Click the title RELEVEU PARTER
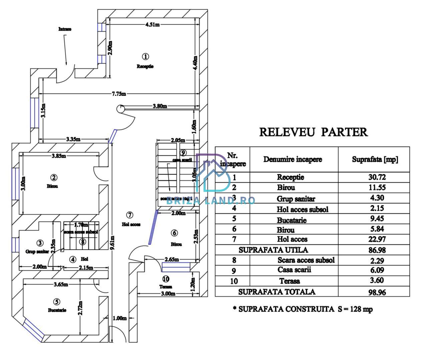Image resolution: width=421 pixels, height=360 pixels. (313, 132)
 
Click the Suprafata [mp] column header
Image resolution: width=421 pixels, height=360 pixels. (375, 159)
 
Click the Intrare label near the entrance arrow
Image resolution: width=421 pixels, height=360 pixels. (65, 29)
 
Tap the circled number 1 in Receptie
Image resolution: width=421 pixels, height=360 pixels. (145, 56)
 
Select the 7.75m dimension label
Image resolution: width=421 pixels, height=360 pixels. (119, 94)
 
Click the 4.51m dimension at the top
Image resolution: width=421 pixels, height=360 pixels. (152, 24)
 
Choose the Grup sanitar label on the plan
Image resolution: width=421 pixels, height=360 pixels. (37, 252)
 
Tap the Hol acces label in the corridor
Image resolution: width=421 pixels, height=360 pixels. (131, 224)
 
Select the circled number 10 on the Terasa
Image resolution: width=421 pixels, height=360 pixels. (165, 279)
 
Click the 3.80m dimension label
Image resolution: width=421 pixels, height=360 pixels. (160, 106)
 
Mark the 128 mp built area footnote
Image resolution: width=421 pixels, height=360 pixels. (303, 309)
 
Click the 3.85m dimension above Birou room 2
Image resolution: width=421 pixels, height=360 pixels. (59, 156)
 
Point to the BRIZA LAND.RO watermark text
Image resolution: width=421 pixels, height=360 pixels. (210, 200)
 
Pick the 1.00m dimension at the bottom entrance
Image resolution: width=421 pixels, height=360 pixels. (119, 318)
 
